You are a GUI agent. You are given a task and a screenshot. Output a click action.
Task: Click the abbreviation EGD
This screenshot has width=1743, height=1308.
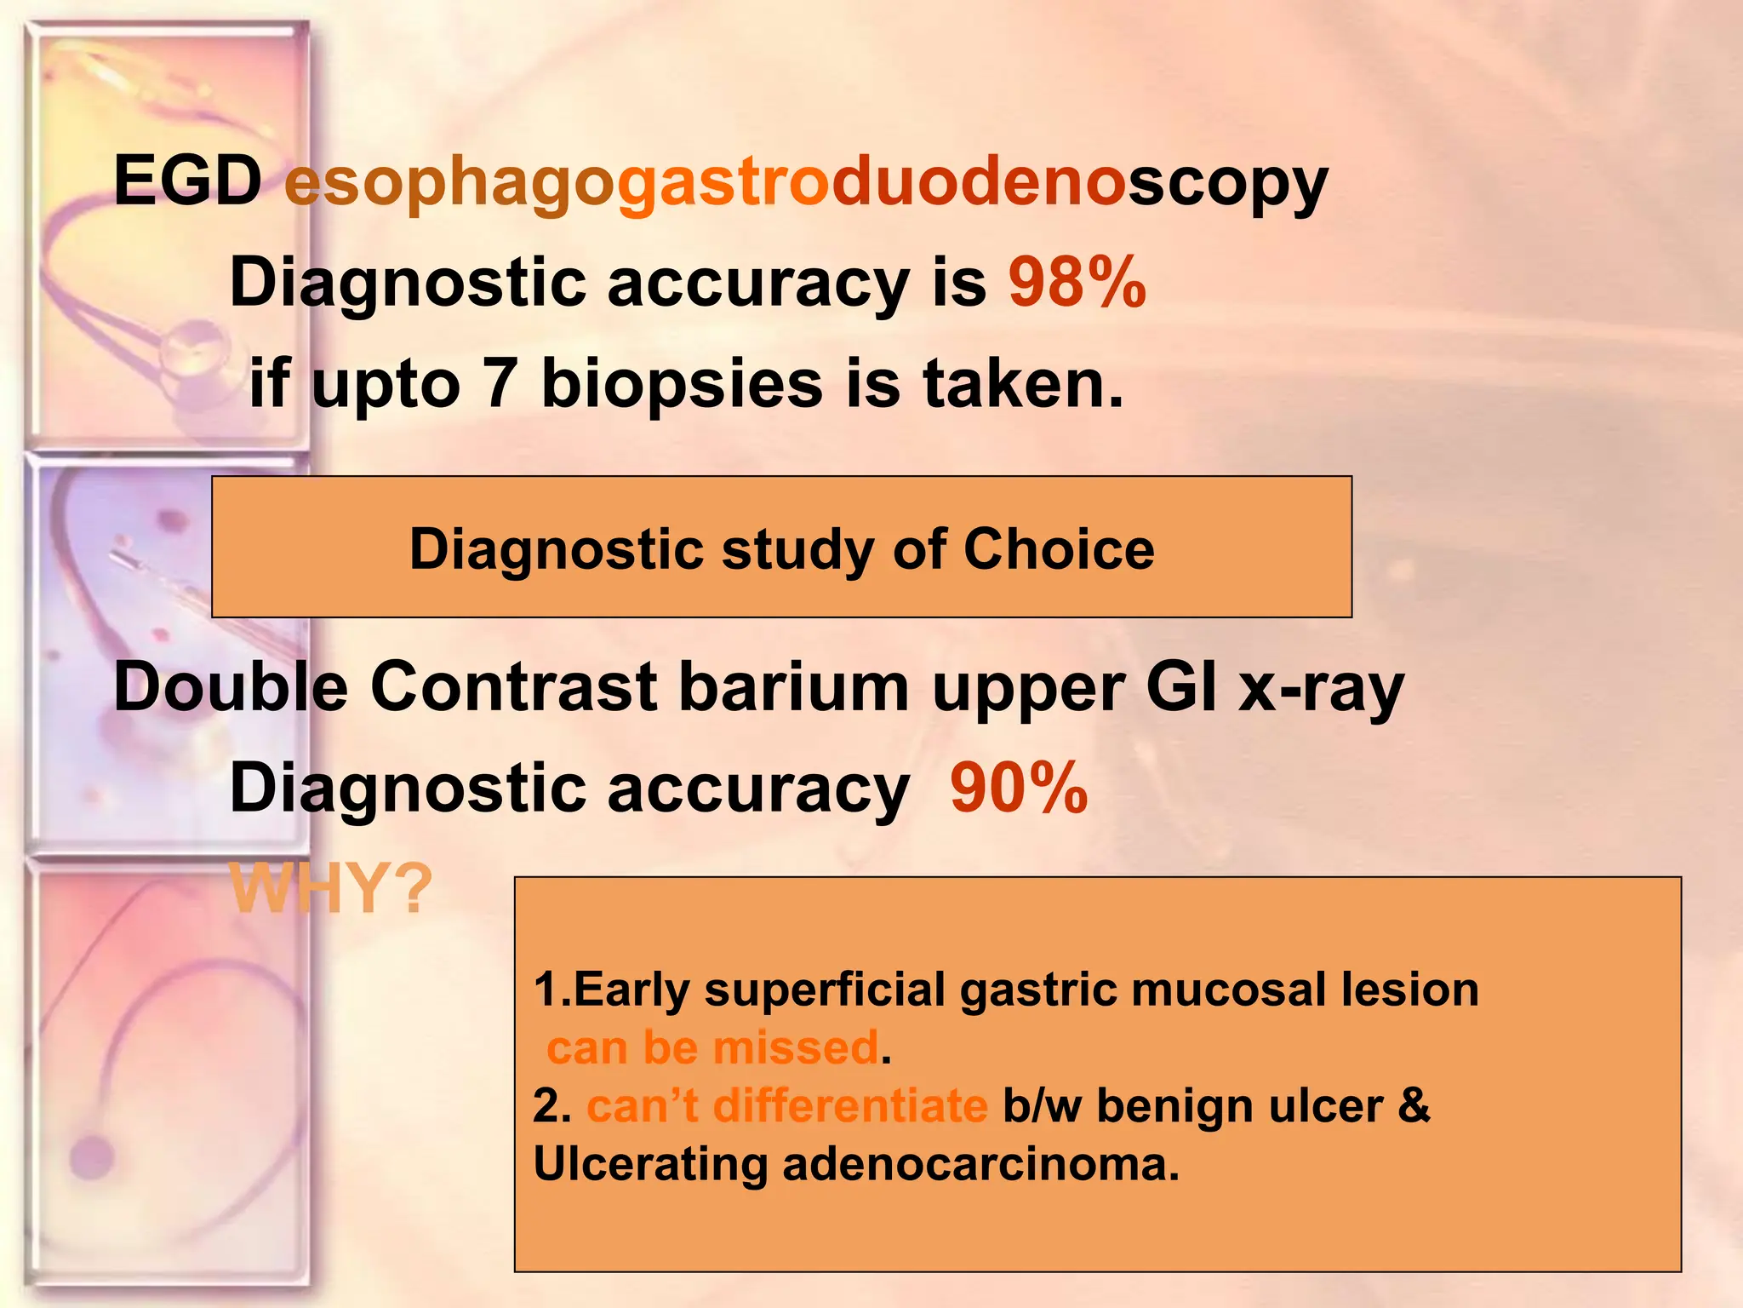pos(188,181)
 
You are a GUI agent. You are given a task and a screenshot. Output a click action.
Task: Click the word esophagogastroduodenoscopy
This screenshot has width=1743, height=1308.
pos(805,183)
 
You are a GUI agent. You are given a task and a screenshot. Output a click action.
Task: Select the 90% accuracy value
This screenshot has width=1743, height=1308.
pos(1019,789)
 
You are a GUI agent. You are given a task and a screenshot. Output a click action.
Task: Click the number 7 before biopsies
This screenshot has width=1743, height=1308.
pos(500,383)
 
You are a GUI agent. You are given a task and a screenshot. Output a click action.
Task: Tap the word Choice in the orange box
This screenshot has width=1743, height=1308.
pos(1059,548)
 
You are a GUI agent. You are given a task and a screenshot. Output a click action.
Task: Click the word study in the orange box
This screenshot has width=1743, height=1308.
pos(796,550)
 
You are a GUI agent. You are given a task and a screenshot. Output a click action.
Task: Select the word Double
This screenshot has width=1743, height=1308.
pos(231,687)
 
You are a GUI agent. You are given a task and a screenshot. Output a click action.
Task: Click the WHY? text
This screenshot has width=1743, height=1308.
pos(331,889)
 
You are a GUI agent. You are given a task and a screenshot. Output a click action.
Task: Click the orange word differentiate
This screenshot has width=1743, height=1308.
pos(849,1105)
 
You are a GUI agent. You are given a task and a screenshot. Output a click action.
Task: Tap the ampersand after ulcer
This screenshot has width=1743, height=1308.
pos(1414,1105)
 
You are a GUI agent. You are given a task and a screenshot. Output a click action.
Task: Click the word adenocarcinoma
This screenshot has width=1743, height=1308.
pos(980,1163)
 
